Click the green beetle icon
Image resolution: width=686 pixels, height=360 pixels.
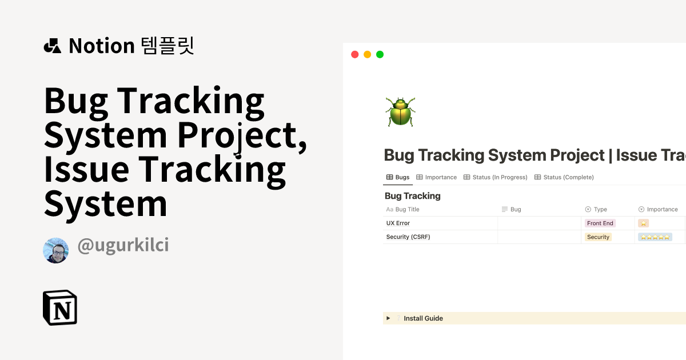point(400,111)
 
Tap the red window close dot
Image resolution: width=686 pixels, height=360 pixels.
point(355,54)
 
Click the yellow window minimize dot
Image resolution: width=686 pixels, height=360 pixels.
point(368,54)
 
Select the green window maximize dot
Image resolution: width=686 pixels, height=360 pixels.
point(380,54)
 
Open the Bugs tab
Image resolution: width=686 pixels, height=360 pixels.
point(398,177)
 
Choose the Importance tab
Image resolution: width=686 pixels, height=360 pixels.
point(437,177)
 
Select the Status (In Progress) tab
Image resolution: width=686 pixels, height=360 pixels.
point(496,177)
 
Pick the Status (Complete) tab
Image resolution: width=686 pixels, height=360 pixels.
point(564,177)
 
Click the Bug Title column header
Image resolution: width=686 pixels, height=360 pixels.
point(407,210)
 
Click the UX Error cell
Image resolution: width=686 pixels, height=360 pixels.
point(398,223)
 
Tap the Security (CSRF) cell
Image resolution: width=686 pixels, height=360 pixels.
point(408,237)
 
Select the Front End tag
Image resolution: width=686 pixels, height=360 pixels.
point(600,223)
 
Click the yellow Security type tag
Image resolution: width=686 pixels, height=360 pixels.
point(598,237)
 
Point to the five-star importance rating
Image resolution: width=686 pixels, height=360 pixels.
point(655,237)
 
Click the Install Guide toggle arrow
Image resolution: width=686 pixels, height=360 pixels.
point(388,318)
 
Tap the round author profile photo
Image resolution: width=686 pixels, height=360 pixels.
point(56,250)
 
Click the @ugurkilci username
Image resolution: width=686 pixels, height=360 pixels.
point(123,246)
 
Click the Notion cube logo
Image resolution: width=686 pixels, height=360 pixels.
point(60,308)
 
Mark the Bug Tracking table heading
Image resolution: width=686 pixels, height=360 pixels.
point(413,196)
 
